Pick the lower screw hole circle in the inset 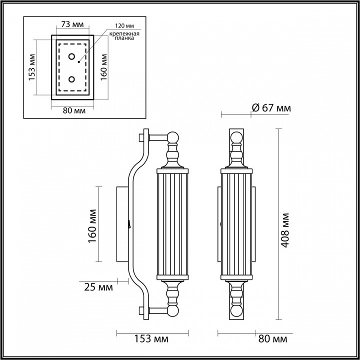pos(71,79)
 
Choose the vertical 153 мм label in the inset pos(31,67)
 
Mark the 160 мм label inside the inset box pos(104,67)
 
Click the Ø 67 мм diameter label pos(270,108)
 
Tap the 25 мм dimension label pos(98,287)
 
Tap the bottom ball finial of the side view pos(172,311)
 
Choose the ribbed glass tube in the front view pos(236,223)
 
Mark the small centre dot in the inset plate pos(79,62)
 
